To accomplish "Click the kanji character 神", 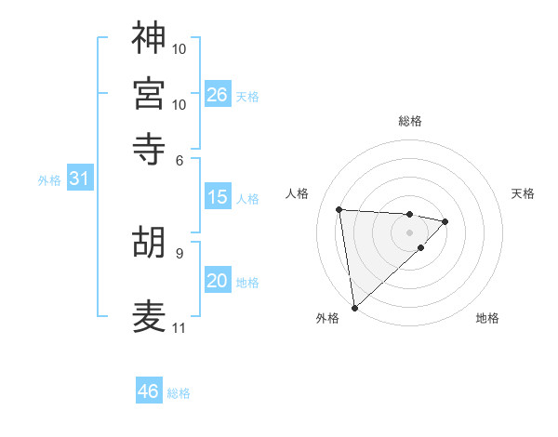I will pos(149,38).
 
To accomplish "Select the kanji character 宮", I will pos(149,93).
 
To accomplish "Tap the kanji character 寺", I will pos(149,149).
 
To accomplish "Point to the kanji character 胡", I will pos(149,243).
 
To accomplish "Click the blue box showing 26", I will pos(218,94).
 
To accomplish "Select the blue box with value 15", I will pos(218,197).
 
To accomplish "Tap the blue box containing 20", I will pos(218,281).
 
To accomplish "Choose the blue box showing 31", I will pos(79,179).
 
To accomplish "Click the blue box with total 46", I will pos(149,391).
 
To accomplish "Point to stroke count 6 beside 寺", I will pos(180,160).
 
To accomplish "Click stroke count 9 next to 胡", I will pos(179,252).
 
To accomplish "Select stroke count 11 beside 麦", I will pos(179,327).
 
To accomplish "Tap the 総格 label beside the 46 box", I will pos(179,393).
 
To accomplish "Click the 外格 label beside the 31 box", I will pos(49,180).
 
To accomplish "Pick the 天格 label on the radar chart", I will pos(523,193).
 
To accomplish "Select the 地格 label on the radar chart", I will pos(487,318).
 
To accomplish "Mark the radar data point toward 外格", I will pos(354,307).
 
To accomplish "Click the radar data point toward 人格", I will pos(339,208).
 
